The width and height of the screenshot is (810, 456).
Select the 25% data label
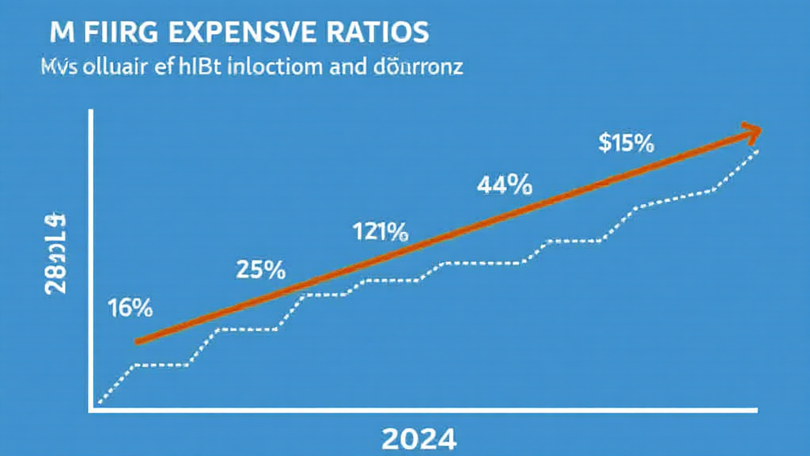coord(260,270)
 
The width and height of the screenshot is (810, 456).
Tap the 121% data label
coord(379,232)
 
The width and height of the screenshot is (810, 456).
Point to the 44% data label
coord(505,185)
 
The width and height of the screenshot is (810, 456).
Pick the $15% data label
coord(626,143)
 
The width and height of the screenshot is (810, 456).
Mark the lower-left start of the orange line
coord(138,341)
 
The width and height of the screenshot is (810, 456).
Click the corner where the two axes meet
coord(92,409)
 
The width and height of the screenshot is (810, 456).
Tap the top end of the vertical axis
coord(92,112)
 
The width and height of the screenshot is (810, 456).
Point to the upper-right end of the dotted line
coord(760,149)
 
